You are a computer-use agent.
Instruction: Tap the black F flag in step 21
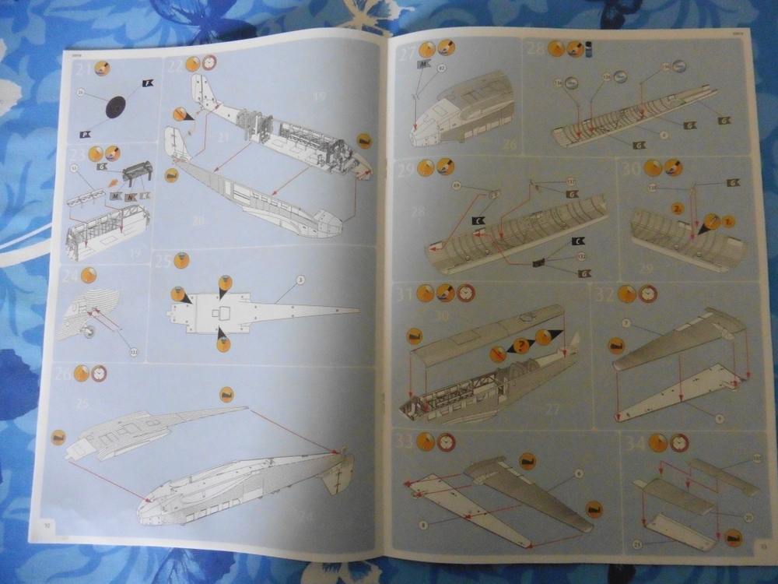point(148,83)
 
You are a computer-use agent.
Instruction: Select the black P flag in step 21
point(86,133)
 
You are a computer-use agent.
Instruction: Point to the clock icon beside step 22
point(209,63)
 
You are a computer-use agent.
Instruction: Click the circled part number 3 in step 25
point(300,279)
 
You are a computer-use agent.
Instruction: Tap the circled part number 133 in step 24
point(133,352)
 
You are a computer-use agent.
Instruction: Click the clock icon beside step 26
point(99,373)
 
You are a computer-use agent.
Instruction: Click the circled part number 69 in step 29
point(456,185)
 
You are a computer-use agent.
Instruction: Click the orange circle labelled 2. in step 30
point(678,210)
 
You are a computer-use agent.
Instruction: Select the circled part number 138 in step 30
point(652,188)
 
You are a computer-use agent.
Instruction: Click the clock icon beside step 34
point(679,443)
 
